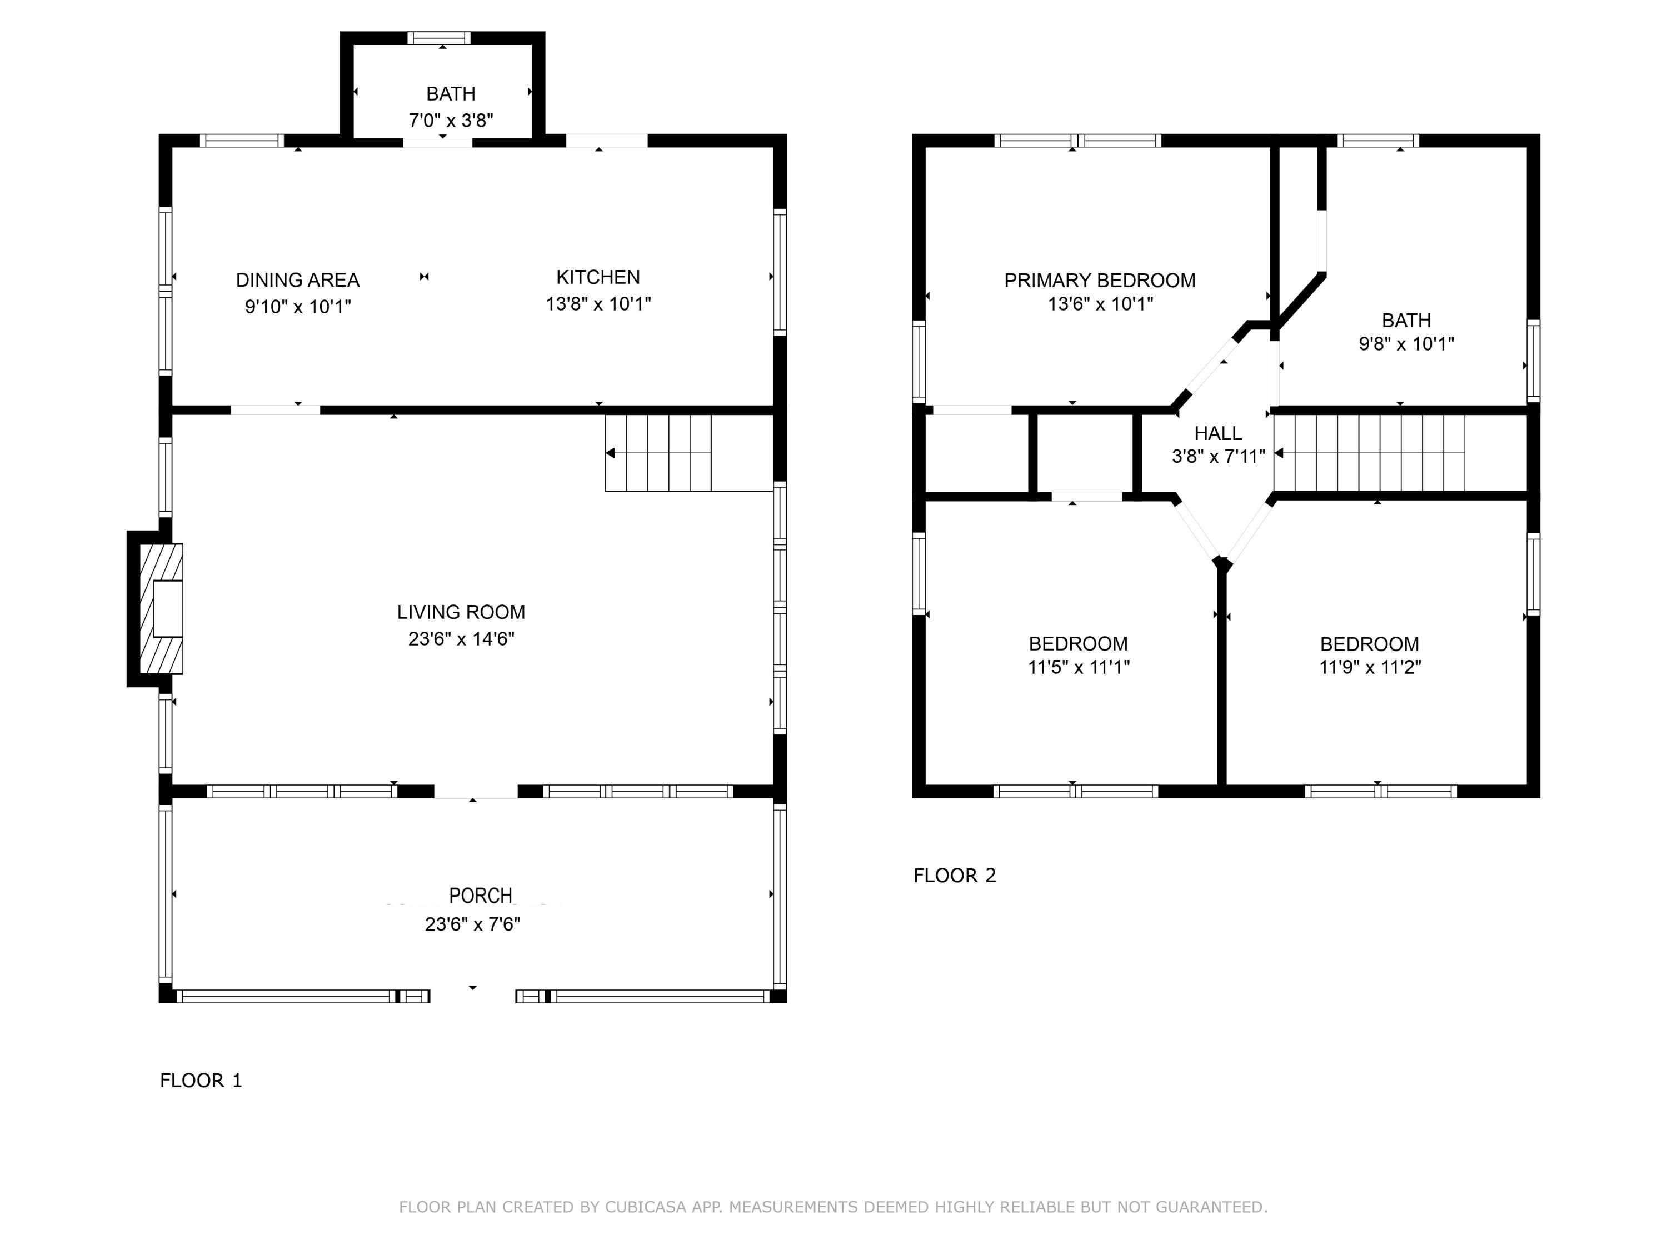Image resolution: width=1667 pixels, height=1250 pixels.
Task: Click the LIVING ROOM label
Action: (461, 612)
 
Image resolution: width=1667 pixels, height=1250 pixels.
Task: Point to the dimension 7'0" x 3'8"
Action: (451, 121)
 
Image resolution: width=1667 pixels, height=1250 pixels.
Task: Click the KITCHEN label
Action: (597, 277)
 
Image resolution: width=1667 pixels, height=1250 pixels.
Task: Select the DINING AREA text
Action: (298, 281)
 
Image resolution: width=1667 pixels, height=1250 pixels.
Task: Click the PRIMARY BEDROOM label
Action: (1100, 281)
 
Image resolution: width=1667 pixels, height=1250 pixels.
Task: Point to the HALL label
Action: (1218, 433)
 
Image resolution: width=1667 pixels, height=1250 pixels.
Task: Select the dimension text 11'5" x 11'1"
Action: (1079, 667)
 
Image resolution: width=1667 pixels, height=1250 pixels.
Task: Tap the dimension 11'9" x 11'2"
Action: (1369, 667)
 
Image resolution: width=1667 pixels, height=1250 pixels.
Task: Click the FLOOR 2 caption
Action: (954, 876)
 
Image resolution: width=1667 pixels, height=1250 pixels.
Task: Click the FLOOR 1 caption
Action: (201, 1081)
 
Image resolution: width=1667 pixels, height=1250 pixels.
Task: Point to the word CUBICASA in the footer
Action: (645, 1207)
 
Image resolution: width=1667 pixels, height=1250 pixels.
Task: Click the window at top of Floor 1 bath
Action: (440, 38)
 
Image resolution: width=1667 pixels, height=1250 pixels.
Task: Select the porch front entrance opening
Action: (472, 996)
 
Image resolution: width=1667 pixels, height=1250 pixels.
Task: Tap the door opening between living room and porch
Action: (476, 791)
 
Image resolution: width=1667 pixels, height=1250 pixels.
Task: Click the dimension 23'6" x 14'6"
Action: (461, 639)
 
